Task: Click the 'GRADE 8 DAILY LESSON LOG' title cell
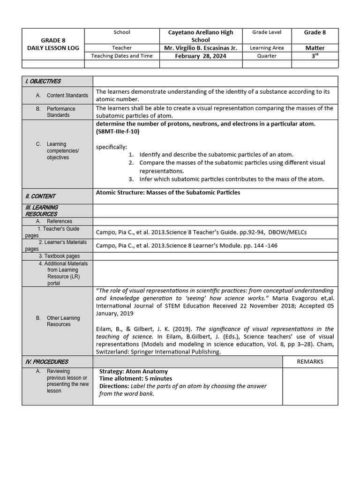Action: [53, 44]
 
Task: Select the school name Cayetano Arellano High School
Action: [201, 36]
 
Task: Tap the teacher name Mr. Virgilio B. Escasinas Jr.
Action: [201, 48]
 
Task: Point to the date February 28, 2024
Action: [201, 56]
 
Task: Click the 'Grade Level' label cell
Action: [267, 32]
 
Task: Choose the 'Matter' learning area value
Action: [315, 48]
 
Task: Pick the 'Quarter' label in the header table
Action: [267, 56]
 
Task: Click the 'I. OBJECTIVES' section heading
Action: [43, 81]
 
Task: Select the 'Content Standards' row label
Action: [67, 96]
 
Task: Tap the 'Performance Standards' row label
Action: [61, 112]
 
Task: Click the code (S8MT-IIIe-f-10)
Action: [118, 132]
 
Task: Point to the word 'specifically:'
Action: [112, 147]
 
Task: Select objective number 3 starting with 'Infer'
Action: [232, 179]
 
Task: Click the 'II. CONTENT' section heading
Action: [40, 196]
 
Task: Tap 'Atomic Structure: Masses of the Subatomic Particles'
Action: [168, 193]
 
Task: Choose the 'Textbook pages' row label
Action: [59, 256]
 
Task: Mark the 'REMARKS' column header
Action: [310, 361]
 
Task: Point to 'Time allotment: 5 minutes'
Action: [135, 379]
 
